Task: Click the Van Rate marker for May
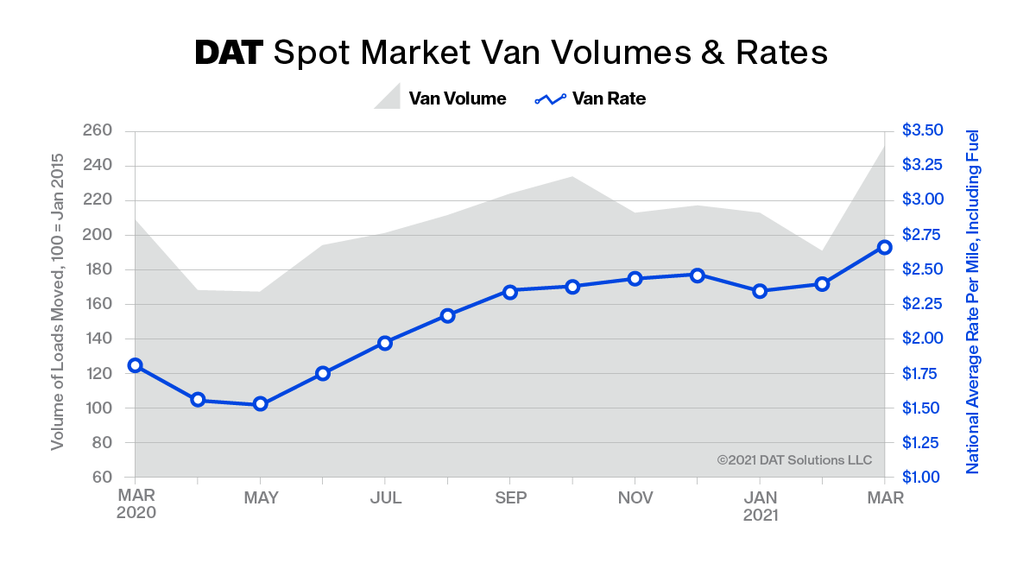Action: pyautogui.click(x=260, y=404)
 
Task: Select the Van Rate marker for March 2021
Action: pyautogui.click(x=884, y=247)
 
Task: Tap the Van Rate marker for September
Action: pyautogui.click(x=509, y=292)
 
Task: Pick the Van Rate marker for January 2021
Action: pyautogui.click(x=760, y=291)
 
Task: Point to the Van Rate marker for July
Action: pyautogui.click(x=385, y=343)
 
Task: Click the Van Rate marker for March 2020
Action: pyautogui.click(x=135, y=365)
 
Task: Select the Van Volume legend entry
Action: pyautogui.click(x=440, y=98)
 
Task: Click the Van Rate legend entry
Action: pyautogui.click(x=591, y=98)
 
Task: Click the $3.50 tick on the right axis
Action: pyautogui.click(x=923, y=130)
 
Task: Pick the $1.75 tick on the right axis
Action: pyautogui.click(x=923, y=373)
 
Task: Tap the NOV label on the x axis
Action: pyautogui.click(x=635, y=497)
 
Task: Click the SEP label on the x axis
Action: pyautogui.click(x=509, y=497)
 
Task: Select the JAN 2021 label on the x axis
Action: pyautogui.click(x=760, y=506)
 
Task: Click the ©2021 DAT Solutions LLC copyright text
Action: pyautogui.click(x=794, y=459)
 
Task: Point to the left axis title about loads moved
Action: pyautogui.click(x=58, y=302)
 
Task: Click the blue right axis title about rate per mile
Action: pyautogui.click(x=972, y=302)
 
